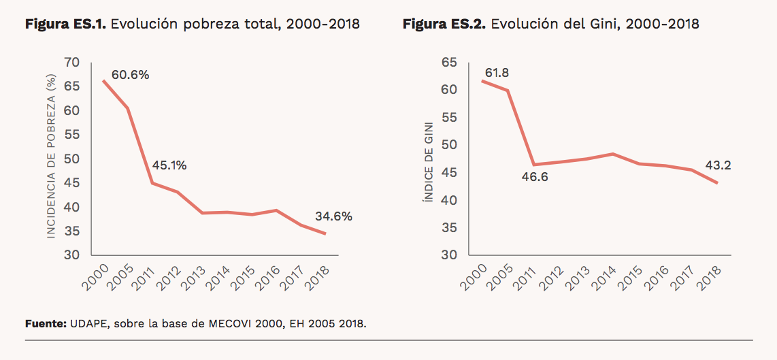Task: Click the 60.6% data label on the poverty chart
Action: click(x=130, y=75)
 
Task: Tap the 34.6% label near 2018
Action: click(x=333, y=216)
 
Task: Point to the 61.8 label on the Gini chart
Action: click(x=497, y=73)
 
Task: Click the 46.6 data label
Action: click(x=534, y=178)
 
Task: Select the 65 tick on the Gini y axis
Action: click(x=450, y=63)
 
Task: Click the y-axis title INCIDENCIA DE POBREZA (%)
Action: click(x=50, y=158)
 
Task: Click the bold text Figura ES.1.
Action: click(x=65, y=24)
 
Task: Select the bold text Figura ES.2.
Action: click(x=444, y=24)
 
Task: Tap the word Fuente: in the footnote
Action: click(x=46, y=323)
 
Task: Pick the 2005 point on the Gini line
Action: click(x=508, y=91)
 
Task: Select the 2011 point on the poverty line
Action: click(x=152, y=183)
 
